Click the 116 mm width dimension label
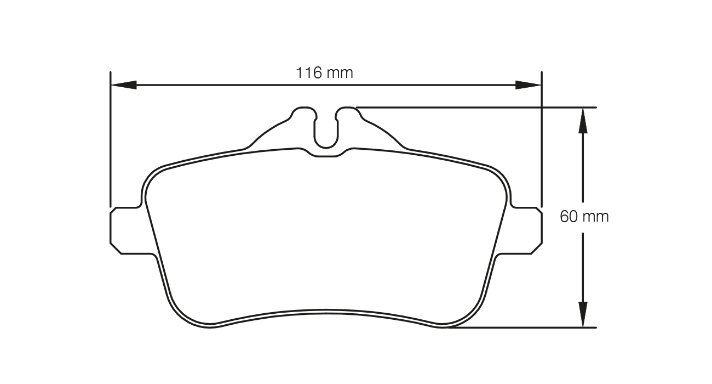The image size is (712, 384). coord(325,72)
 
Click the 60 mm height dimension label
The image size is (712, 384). coord(584,216)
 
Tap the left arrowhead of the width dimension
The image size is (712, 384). coord(124,85)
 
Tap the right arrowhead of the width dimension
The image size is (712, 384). coord(528,85)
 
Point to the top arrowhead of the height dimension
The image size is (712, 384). coord(583,120)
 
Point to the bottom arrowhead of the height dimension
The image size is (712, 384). coord(583,314)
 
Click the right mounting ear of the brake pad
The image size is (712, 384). coord(525,231)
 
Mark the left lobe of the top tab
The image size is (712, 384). coord(303,114)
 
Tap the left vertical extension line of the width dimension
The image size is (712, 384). coord(111,143)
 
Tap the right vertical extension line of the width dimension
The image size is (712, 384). coord(541,143)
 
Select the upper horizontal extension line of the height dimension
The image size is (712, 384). coord(476,108)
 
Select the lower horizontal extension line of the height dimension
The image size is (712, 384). coord(520,327)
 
